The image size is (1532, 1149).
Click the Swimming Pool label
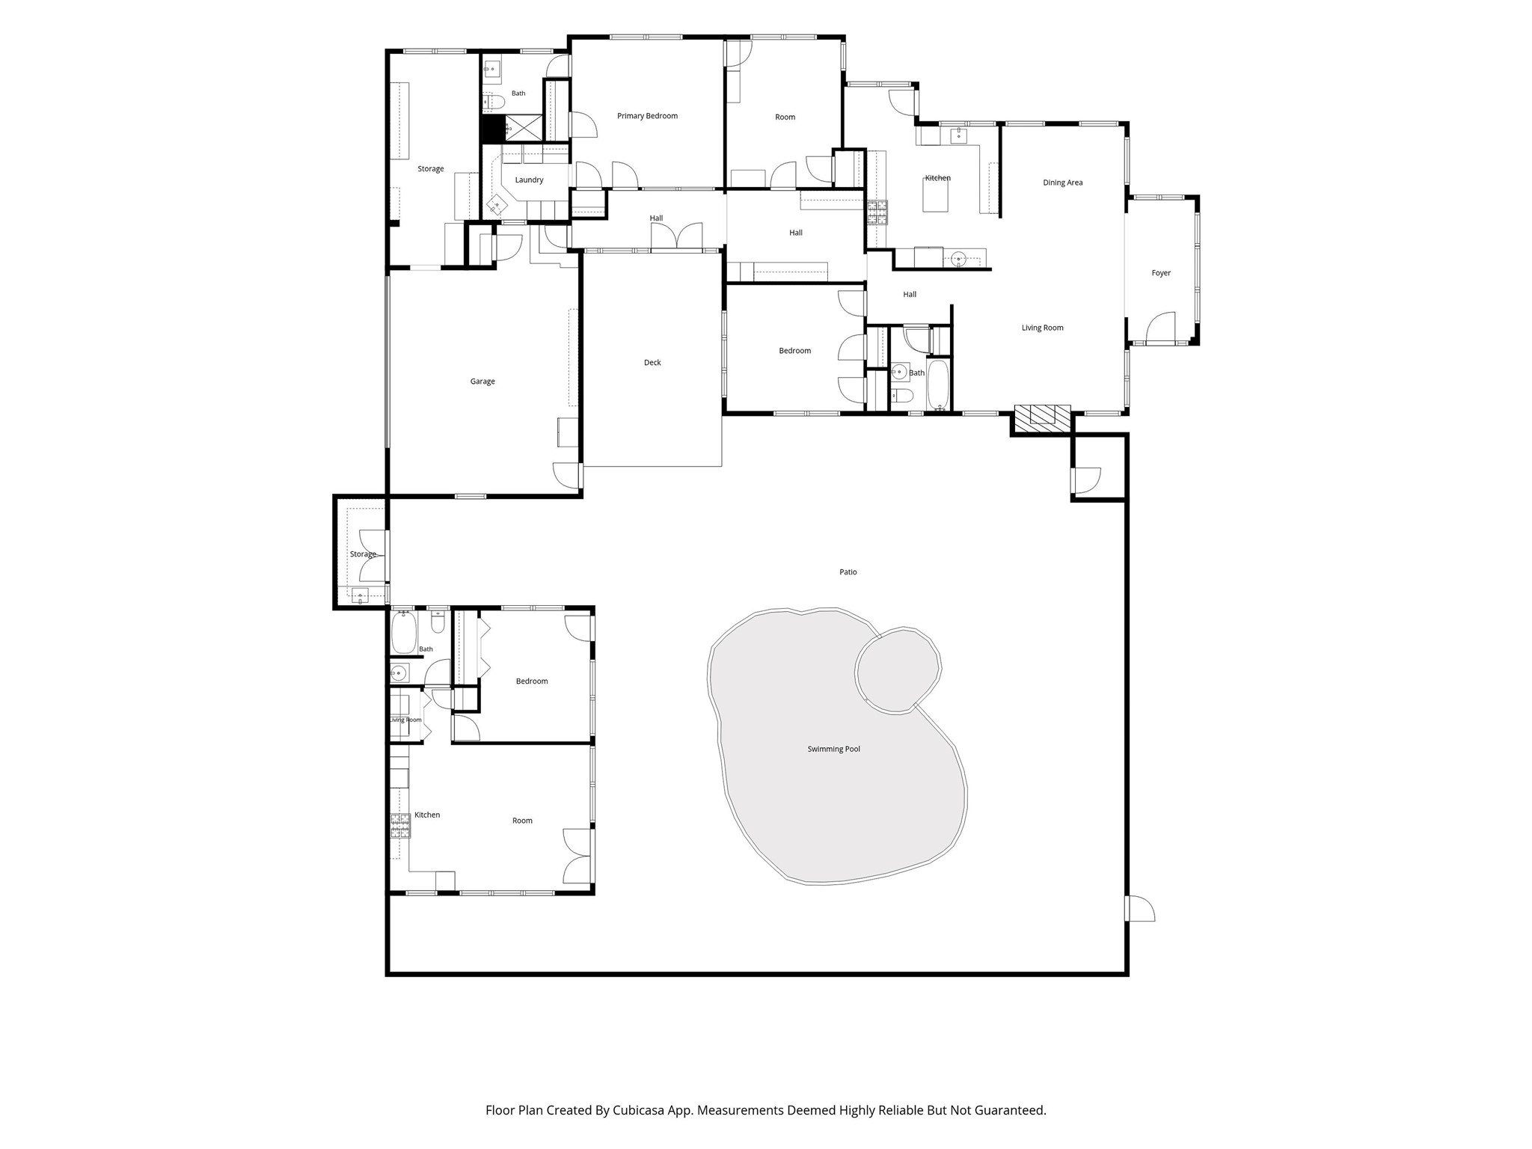coord(833,749)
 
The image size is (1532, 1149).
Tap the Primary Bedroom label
coord(647,116)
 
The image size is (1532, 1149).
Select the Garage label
coord(482,382)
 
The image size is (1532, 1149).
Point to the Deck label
coord(652,363)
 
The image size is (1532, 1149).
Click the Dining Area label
coord(1062,183)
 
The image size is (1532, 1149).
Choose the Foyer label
coord(1161,273)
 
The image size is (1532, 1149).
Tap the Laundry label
coord(529,180)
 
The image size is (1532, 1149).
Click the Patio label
coord(848,572)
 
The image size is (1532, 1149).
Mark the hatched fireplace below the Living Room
coord(1042,415)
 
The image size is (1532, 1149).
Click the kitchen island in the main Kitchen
coord(935,197)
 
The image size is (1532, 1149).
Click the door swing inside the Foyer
coord(1160,328)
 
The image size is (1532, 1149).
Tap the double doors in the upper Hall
coord(677,236)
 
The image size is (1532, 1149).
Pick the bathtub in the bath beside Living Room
coord(938,385)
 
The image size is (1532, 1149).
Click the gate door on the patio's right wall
coord(1140,908)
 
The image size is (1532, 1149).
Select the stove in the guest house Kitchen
coord(400,825)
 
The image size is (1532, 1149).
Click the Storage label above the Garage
coord(431,169)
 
